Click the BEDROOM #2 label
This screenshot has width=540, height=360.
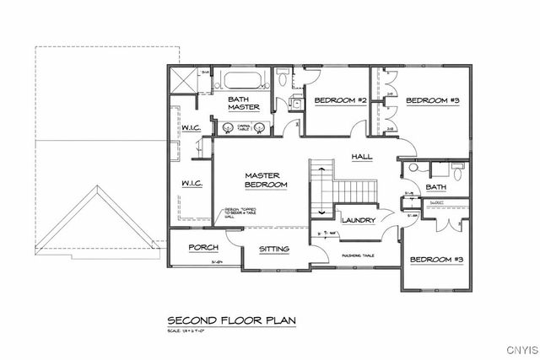tap(340, 101)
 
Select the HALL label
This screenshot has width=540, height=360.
tap(362, 156)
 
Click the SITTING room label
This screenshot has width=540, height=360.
tap(274, 249)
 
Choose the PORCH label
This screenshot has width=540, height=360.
tap(203, 247)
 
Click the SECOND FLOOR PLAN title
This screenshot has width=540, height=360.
tap(225, 320)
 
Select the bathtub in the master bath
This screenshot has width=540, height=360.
tap(243, 82)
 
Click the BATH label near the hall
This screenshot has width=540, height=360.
tap(436, 187)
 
